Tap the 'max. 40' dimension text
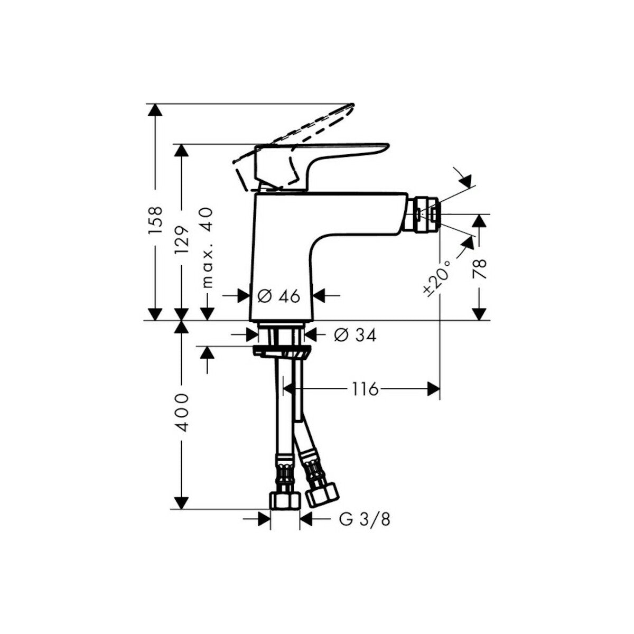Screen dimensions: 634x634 click(208, 247)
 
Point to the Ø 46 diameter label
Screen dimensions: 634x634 click(279, 296)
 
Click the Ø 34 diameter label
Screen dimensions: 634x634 click(355, 335)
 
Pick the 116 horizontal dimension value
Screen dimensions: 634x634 click(365, 389)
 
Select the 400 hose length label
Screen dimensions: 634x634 click(181, 412)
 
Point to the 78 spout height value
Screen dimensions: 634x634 click(479, 269)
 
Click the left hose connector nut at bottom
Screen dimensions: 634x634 click(285, 500)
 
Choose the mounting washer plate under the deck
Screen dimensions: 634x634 click(282, 351)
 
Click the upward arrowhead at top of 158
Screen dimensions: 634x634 click(155, 110)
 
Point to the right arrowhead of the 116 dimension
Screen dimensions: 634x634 click(434, 389)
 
